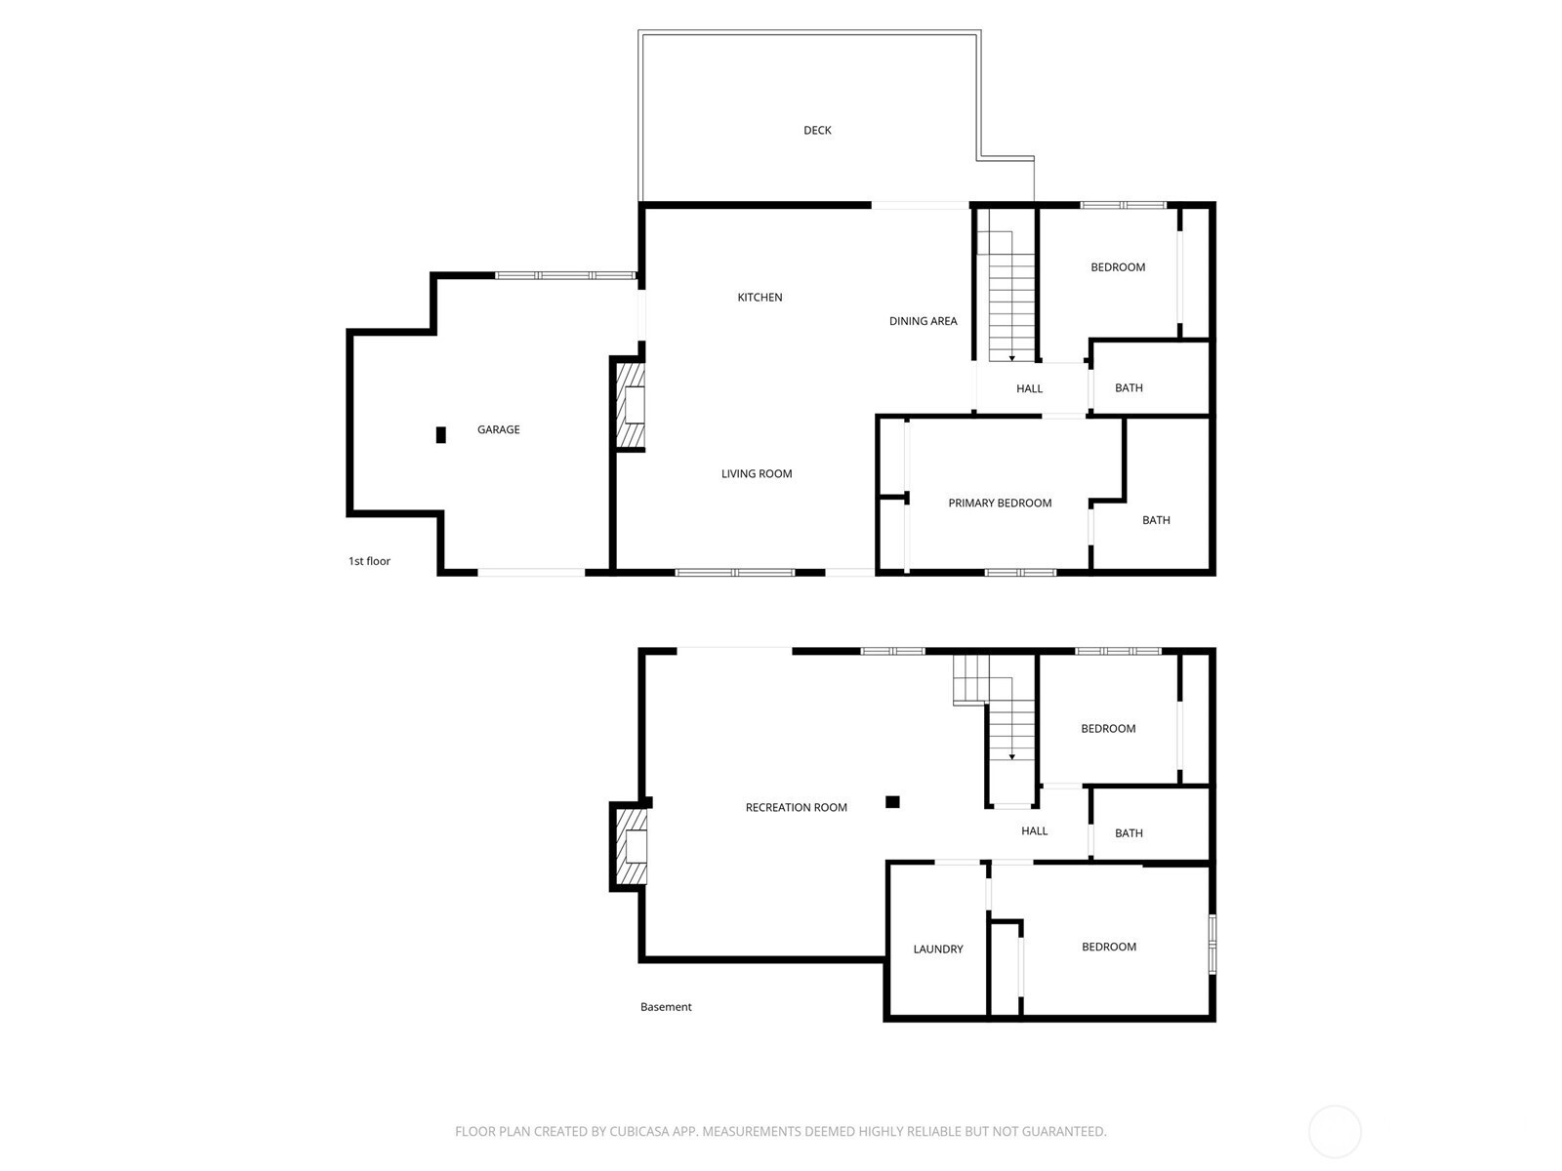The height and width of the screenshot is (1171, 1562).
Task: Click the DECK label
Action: pos(817,130)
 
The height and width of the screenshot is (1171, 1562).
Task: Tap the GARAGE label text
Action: pos(498,429)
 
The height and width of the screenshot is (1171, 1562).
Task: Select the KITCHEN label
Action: pos(760,298)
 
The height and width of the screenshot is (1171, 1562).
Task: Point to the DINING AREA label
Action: pos(923,321)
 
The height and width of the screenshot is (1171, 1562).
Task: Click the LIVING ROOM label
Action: pos(757,473)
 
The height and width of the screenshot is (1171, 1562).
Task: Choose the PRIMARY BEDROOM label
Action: pos(1000,503)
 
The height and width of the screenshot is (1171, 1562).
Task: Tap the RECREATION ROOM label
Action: pos(797,807)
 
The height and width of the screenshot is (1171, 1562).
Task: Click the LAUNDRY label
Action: pos(938,949)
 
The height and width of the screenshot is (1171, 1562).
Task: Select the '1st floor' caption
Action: pos(369,561)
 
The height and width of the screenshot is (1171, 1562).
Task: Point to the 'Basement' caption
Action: pos(666,1007)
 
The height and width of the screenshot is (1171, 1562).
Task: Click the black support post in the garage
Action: pos(441,434)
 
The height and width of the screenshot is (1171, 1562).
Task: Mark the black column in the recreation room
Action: pos(892,802)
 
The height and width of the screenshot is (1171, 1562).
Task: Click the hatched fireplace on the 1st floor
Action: pos(631,406)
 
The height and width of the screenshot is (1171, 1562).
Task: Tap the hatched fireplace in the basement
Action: pos(632,846)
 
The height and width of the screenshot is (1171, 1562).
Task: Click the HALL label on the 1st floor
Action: pos(1029,388)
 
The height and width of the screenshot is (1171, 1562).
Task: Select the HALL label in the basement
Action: pos(1034,830)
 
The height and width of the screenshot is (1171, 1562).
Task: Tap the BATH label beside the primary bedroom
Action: pos(1156,520)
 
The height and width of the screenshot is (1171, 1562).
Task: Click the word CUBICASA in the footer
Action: pos(639,1130)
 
